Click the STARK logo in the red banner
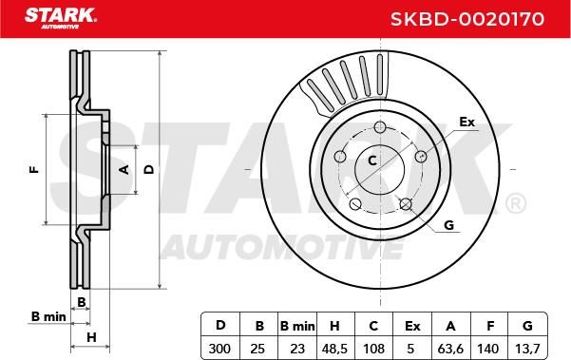pyautogui.click(x=61, y=18)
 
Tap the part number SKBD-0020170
pyautogui.click(x=467, y=19)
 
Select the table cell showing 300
pyautogui.click(x=219, y=349)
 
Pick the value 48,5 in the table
pyautogui.click(x=333, y=349)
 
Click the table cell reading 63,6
pyautogui.click(x=450, y=349)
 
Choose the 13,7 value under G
pyautogui.click(x=527, y=349)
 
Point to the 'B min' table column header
pyautogui.click(x=297, y=326)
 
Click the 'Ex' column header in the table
pyautogui.click(x=412, y=326)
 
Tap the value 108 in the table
pyautogui.click(x=373, y=349)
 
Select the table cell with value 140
pyautogui.click(x=487, y=349)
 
